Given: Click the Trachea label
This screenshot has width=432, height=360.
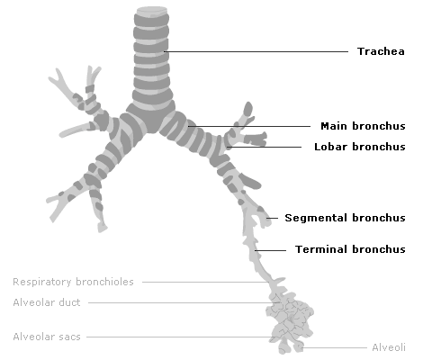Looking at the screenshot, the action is (381, 51).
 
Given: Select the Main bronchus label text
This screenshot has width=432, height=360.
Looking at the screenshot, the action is (363, 126).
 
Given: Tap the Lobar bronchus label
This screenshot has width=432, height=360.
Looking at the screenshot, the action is (360, 147).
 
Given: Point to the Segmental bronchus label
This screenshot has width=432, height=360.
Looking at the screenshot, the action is (345, 218).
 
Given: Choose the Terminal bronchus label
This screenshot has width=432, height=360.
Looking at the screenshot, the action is (350, 249).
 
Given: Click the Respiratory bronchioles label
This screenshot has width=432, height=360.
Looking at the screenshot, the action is (73, 282).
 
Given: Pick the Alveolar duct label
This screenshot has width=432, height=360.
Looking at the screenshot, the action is (47, 302).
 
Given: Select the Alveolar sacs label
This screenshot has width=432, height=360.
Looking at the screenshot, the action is (47, 337).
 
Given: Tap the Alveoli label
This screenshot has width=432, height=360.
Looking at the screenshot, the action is (389, 347).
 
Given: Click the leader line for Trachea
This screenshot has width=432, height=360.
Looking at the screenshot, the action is (256, 51).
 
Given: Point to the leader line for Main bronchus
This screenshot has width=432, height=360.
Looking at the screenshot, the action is (249, 126).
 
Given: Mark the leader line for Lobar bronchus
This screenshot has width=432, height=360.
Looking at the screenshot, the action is (264, 147).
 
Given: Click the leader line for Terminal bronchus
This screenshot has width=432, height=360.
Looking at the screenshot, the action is (270, 250).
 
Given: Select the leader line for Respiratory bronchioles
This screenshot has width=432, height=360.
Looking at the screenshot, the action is (205, 282).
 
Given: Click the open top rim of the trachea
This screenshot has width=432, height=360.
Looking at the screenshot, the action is (152, 11).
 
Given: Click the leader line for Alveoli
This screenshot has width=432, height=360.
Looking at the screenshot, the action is (335, 347).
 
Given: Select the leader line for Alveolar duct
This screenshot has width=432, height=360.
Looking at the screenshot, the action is (184, 302).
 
